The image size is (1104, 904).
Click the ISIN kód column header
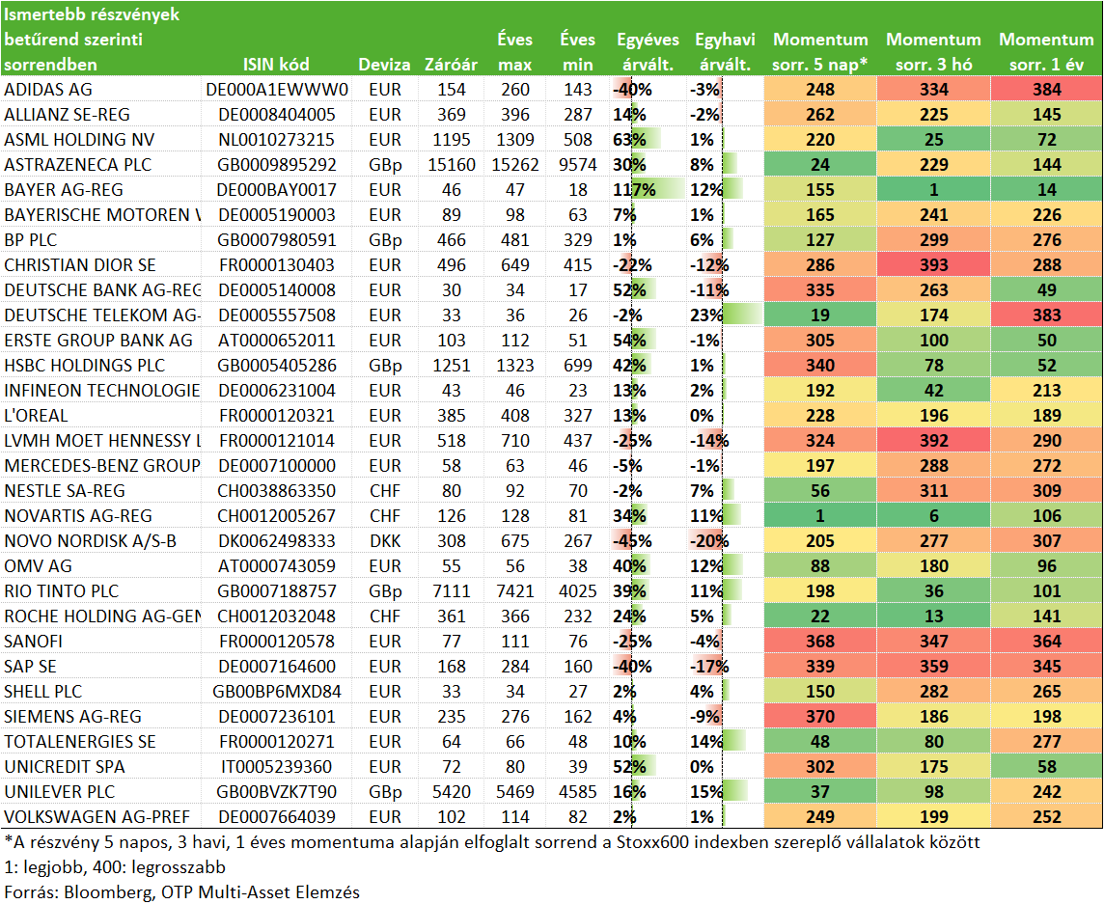(x=276, y=65)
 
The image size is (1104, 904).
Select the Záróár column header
(x=451, y=65)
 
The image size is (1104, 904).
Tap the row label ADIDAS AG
(x=48, y=90)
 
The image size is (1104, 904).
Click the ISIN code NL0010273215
(x=276, y=139)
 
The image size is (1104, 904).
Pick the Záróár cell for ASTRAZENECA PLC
(x=452, y=165)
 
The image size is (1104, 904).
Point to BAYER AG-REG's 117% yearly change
(x=634, y=190)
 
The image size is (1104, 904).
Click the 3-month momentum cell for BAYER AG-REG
(x=933, y=190)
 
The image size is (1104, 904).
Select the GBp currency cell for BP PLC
(x=385, y=240)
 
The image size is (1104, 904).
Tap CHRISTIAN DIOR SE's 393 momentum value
(x=933, y=265)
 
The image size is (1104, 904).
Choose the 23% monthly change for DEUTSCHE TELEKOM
(x=706, y=315)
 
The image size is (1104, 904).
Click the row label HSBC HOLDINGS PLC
(x=85, y=366)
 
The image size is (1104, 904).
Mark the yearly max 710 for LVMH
(x=514, y=441)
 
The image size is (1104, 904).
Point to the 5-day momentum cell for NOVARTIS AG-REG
(x=820, y=516)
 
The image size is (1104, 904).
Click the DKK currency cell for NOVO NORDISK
(x=385, y=540)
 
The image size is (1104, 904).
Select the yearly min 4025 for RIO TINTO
(x=577, y=591)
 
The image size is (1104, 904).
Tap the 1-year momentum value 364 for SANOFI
(x=1047, y=642)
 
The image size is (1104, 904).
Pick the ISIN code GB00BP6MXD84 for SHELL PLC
(x=277, y=692)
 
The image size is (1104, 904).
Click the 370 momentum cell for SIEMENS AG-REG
(x=820, y=717)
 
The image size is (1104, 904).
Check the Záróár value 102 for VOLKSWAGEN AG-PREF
(x=452, y=817)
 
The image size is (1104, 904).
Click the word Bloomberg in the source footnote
(x=109, y=892)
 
